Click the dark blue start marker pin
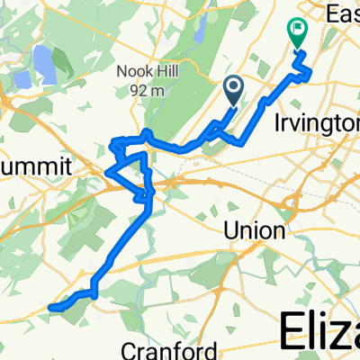pos(233,90)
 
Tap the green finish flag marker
pos(296,33)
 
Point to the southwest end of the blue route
pos(49,308)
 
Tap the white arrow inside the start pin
pos(233,86)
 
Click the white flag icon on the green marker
pos(296,30)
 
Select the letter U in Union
pos(230,230)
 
